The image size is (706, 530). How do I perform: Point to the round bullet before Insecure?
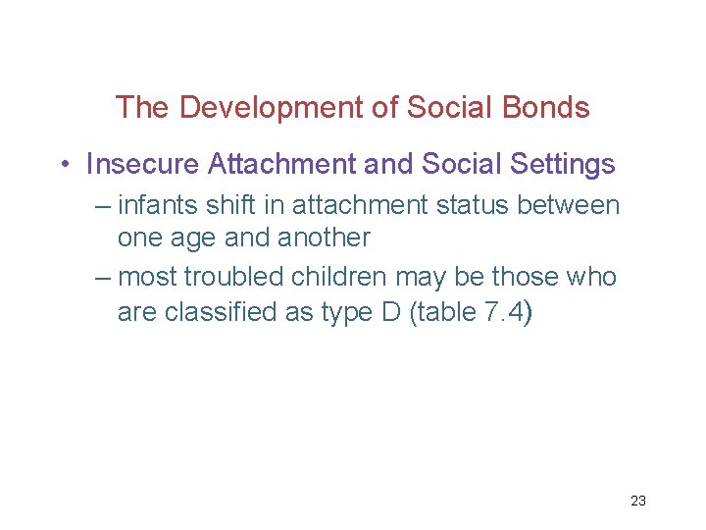(x=65, y=165)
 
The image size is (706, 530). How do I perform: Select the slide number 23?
(x=637, y=501)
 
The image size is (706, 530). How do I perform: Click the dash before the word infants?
(x=104, y=207)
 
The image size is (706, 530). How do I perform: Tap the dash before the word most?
(x=104, y=279)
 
